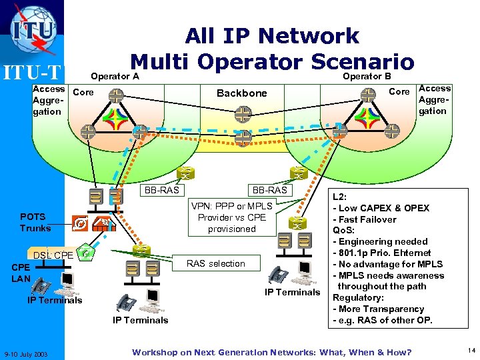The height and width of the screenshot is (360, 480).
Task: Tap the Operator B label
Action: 367,76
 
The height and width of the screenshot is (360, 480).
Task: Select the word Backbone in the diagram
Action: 241,93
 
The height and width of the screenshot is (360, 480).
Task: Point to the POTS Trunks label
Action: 34,223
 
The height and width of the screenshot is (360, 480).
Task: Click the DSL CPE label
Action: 53,255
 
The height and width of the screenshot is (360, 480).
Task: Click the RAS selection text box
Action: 215,263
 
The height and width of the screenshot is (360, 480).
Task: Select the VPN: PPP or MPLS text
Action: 231,207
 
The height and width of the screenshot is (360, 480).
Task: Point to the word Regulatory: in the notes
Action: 359,297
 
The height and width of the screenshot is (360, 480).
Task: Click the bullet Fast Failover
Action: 366,219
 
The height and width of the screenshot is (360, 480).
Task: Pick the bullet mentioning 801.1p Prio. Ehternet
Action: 383,253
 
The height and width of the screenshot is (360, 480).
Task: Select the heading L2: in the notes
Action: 340,197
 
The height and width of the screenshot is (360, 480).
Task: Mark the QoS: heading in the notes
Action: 343,230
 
